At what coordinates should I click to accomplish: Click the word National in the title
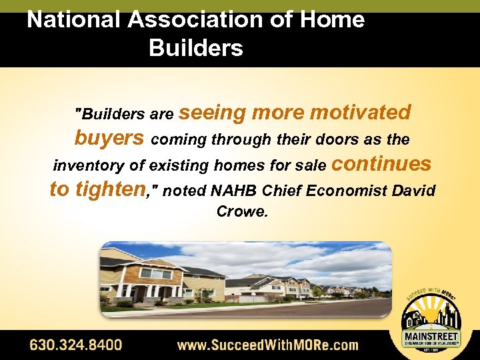tap(74, 19)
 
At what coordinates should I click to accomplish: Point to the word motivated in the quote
tap(360, 113)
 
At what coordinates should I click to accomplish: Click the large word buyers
tap(109, 138)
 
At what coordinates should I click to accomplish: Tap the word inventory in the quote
tap(89, 165)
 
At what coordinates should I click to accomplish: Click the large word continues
tap(381, 164)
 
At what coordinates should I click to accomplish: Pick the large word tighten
tap(110, 190)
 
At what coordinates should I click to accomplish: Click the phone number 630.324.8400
tap(75, 345)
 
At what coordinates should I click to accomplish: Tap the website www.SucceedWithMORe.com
tap(267, 345)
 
